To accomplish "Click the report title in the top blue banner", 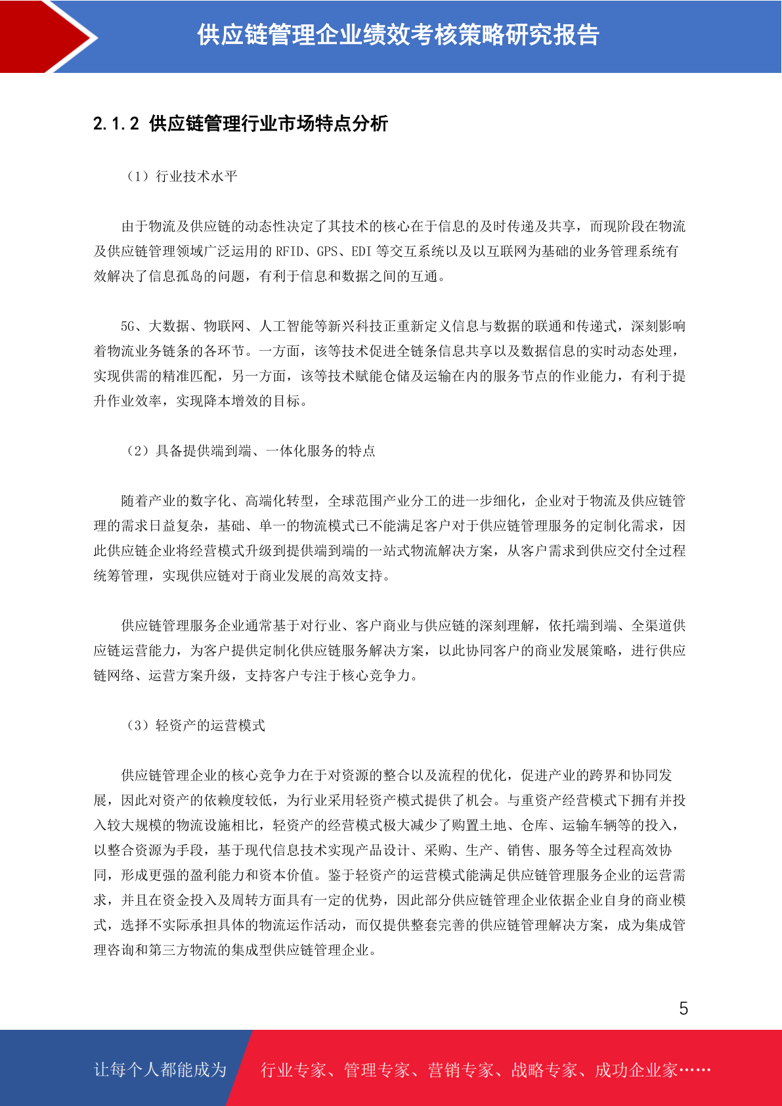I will coord(398,35).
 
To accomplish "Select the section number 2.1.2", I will coord(116,123).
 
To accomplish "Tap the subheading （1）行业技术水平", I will coord(182,176).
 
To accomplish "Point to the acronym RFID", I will coord(290,251).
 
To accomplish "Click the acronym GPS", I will coord(327,251).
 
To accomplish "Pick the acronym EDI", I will coord(361,251).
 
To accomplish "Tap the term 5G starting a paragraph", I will coord(127,326).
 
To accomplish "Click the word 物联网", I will coord(224,326).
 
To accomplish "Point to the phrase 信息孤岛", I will coord(176,276).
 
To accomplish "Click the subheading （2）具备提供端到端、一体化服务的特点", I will coord(251,451).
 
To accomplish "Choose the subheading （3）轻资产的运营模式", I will coord(196,725).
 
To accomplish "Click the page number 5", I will coord(684,1008).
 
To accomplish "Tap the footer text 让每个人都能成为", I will coord(160,1070).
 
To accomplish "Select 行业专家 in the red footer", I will coord(293,1070).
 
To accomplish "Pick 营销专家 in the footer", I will coord(460,1070).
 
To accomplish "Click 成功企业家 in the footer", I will coord(636,1070).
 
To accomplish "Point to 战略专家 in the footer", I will coord(544,1070).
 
